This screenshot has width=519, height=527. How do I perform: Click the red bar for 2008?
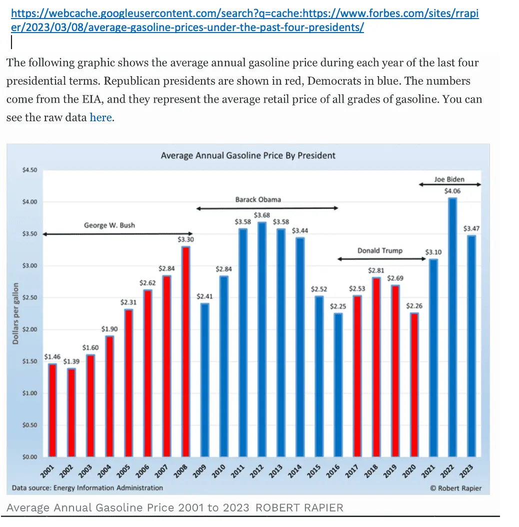[x=185, y=351]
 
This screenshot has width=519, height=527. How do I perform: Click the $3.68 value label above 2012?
[x=261, y=215]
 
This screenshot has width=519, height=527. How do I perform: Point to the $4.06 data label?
[x=452, y=191]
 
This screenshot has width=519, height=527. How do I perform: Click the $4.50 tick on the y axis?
[x=30, y=170]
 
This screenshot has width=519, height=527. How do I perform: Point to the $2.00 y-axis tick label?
[x=30, y=330]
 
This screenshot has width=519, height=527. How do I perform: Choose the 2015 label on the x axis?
[x=315, y=471]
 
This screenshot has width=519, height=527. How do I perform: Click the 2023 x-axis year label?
[x=467, y=471]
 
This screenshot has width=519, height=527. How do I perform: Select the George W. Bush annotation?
[x=109, y=225]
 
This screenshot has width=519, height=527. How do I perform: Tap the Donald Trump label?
[x=379, y=250]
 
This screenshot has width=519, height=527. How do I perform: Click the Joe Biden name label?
[x=449, y=179]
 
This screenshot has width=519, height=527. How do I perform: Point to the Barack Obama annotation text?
[x=258, y=199]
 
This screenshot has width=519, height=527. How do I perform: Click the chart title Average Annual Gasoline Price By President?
[x=248, y=155]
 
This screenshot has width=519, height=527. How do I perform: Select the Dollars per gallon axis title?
[x=15, y=313]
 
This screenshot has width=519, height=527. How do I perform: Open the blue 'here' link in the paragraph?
[x=100, y=118]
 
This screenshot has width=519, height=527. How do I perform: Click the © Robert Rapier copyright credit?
[x=455, y=488]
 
